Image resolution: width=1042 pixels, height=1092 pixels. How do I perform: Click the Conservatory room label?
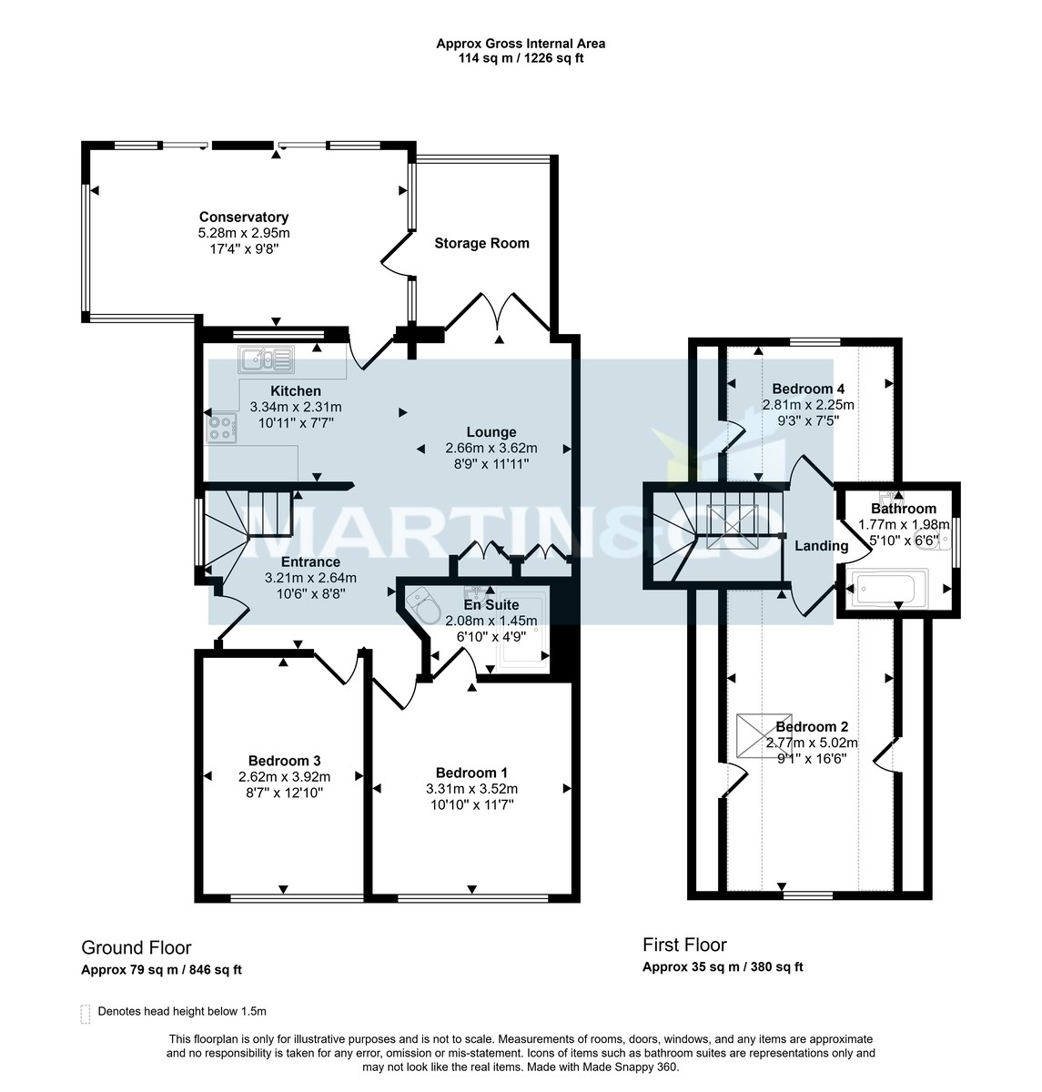244,217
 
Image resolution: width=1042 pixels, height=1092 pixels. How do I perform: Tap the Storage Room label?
481,244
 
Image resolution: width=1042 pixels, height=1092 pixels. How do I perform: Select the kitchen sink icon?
265,360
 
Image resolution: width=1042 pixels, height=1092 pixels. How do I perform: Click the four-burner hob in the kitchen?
221,427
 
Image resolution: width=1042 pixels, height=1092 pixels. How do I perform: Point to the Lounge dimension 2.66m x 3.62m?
491,448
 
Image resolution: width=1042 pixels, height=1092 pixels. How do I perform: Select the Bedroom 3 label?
284,761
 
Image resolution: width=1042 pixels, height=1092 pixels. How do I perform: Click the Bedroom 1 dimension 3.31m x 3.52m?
471,789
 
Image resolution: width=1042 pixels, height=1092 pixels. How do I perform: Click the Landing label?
821,546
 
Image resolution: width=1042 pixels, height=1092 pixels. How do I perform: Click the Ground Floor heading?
137,947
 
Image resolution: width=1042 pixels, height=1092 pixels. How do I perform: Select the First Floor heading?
684,945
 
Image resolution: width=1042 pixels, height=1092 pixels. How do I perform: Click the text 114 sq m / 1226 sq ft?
521,58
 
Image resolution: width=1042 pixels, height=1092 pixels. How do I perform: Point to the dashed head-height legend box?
86,1014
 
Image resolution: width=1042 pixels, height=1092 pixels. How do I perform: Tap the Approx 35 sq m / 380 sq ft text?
723,967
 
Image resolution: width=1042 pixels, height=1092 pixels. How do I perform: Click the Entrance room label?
310,562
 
